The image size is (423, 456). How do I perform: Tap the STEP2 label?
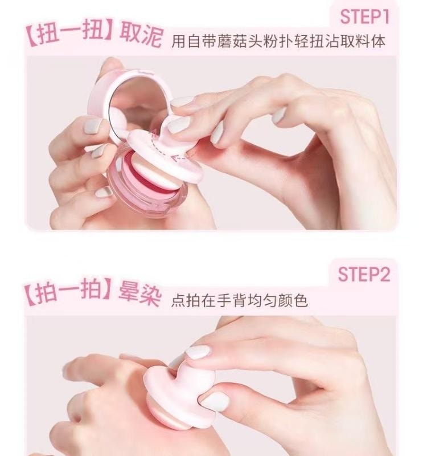(365, 275)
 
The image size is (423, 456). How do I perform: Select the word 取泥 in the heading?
(141, 35)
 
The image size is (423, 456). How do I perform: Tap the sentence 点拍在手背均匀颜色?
(239, 300)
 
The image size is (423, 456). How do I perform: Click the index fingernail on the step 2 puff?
(198, 352)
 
